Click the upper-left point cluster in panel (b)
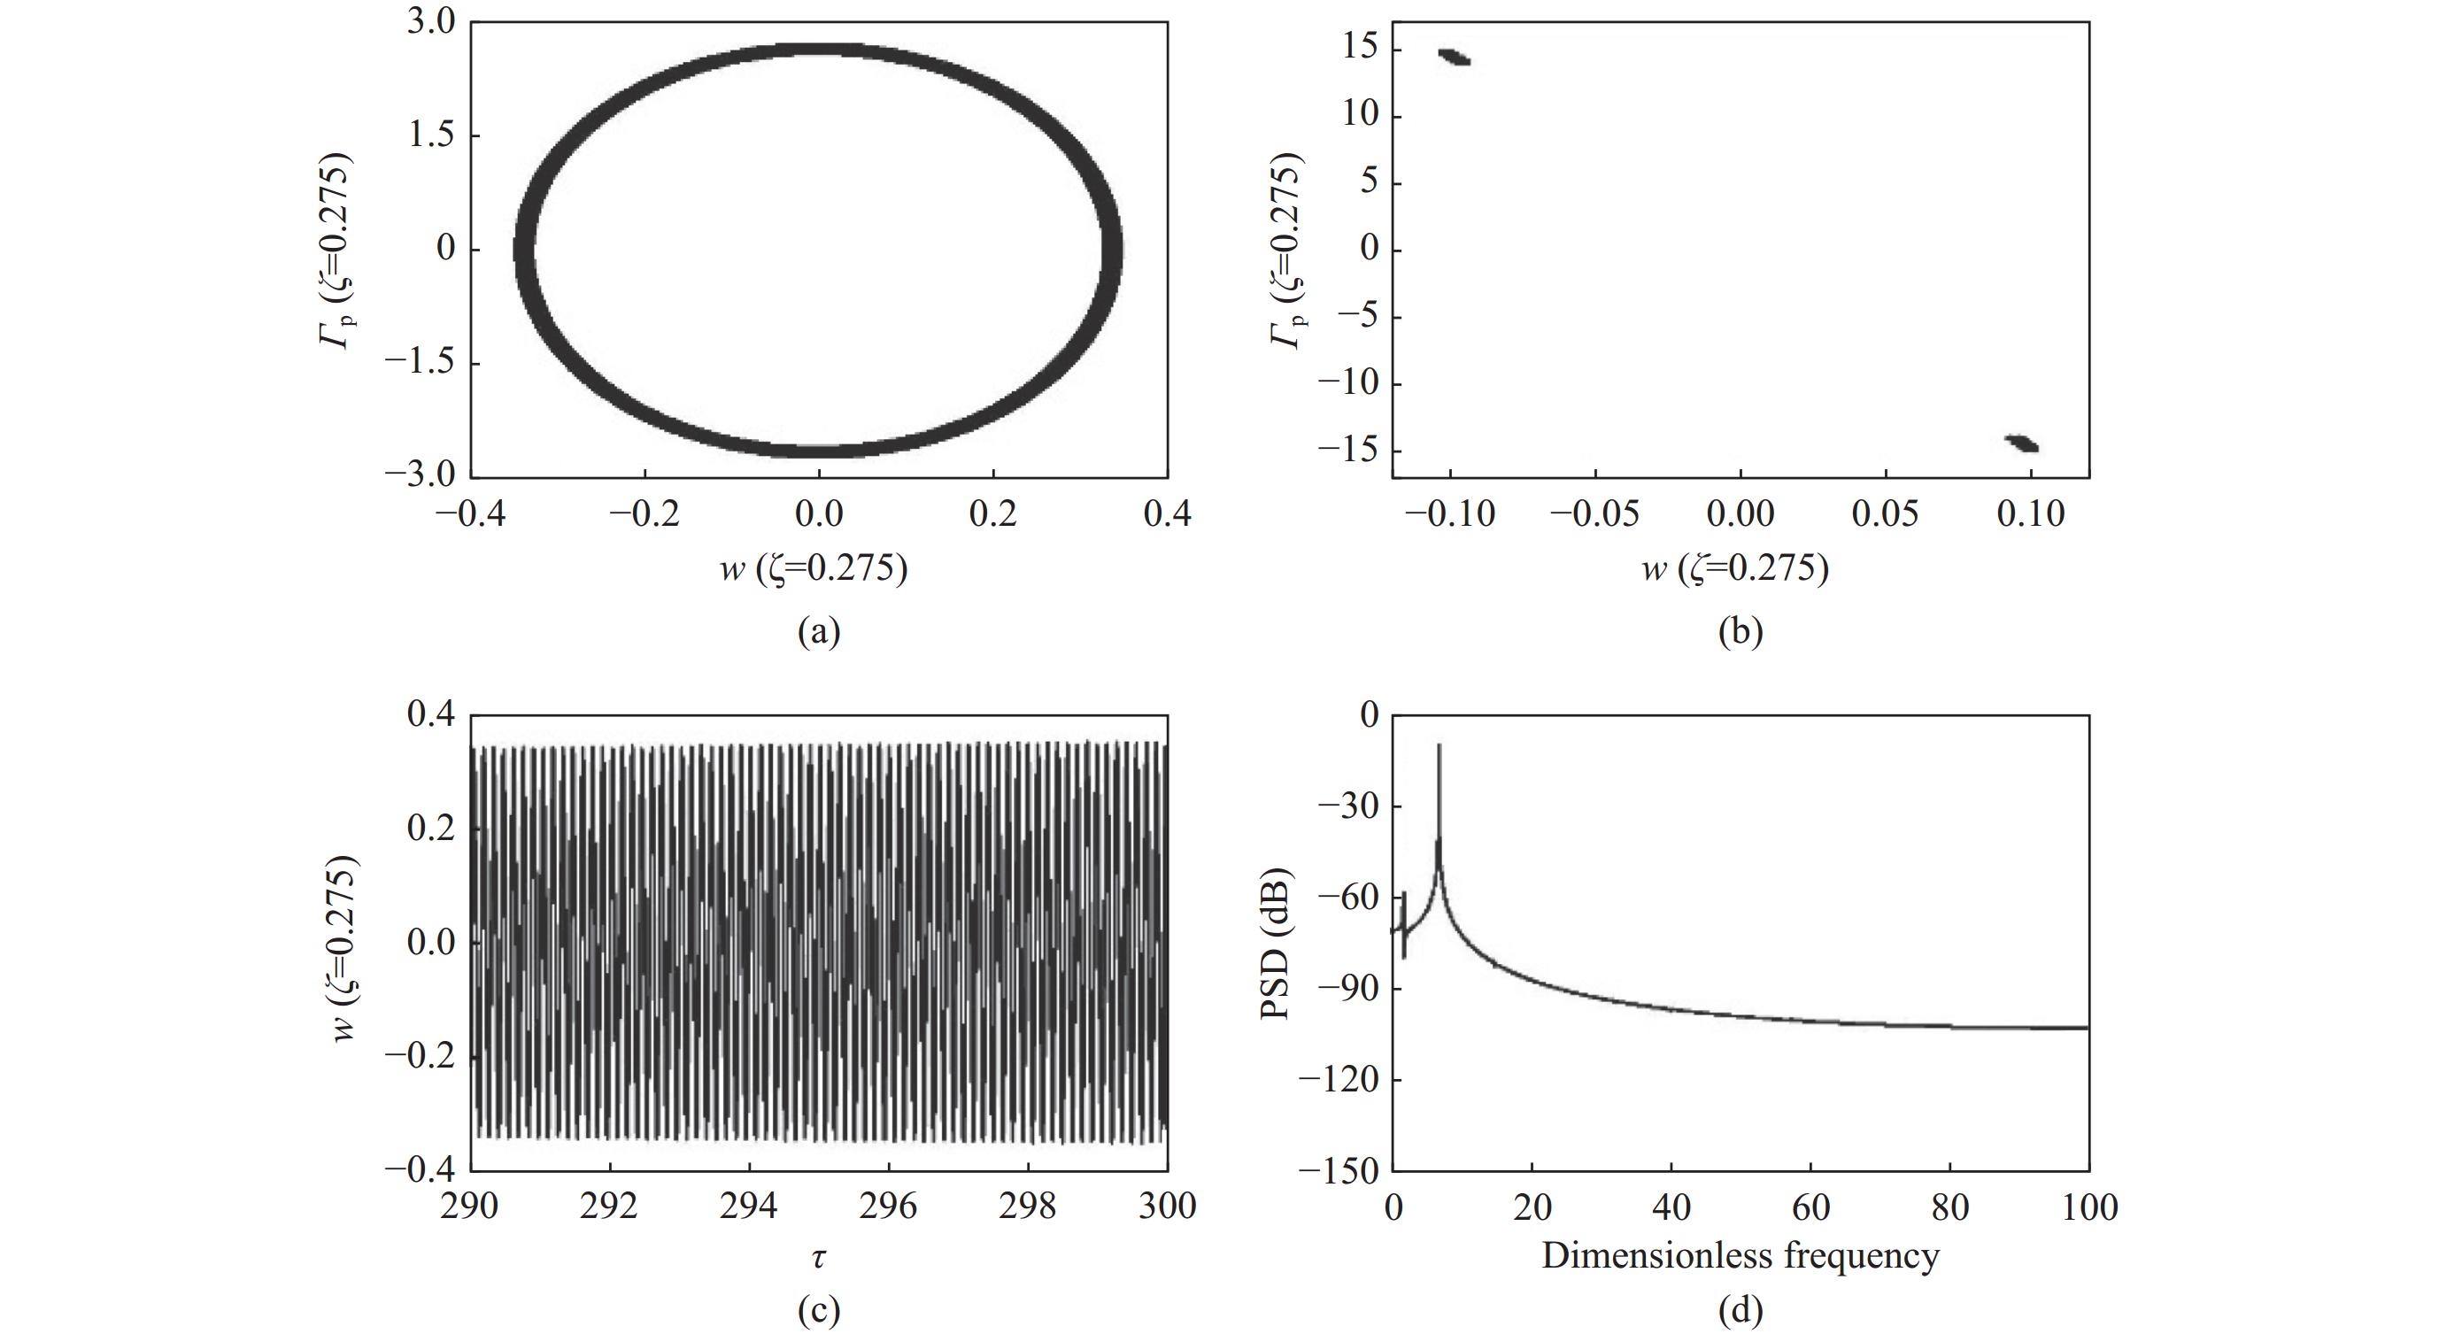point(1455,57)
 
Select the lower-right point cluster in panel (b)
point(2021,443)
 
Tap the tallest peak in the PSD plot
point(1439,748)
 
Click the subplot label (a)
point(818,630)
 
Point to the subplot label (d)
point(1740,1311)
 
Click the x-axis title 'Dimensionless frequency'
point(1740,1255)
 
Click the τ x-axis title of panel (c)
point(818,1257)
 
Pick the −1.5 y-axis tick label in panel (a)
point(419,364)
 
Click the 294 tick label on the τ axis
point(749,1207)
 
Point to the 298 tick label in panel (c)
point(1028,1207)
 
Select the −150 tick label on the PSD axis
point(1338,1170)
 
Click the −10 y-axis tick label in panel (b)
point(1347,383)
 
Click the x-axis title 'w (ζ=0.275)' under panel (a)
point(813,568)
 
